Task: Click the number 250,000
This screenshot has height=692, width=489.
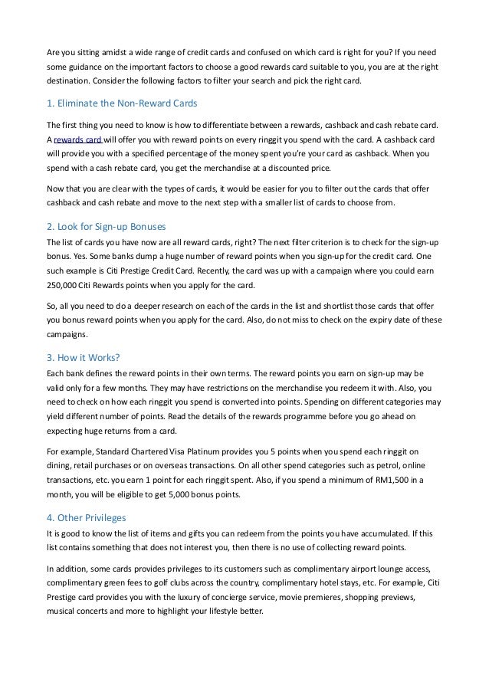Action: (62, 284)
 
